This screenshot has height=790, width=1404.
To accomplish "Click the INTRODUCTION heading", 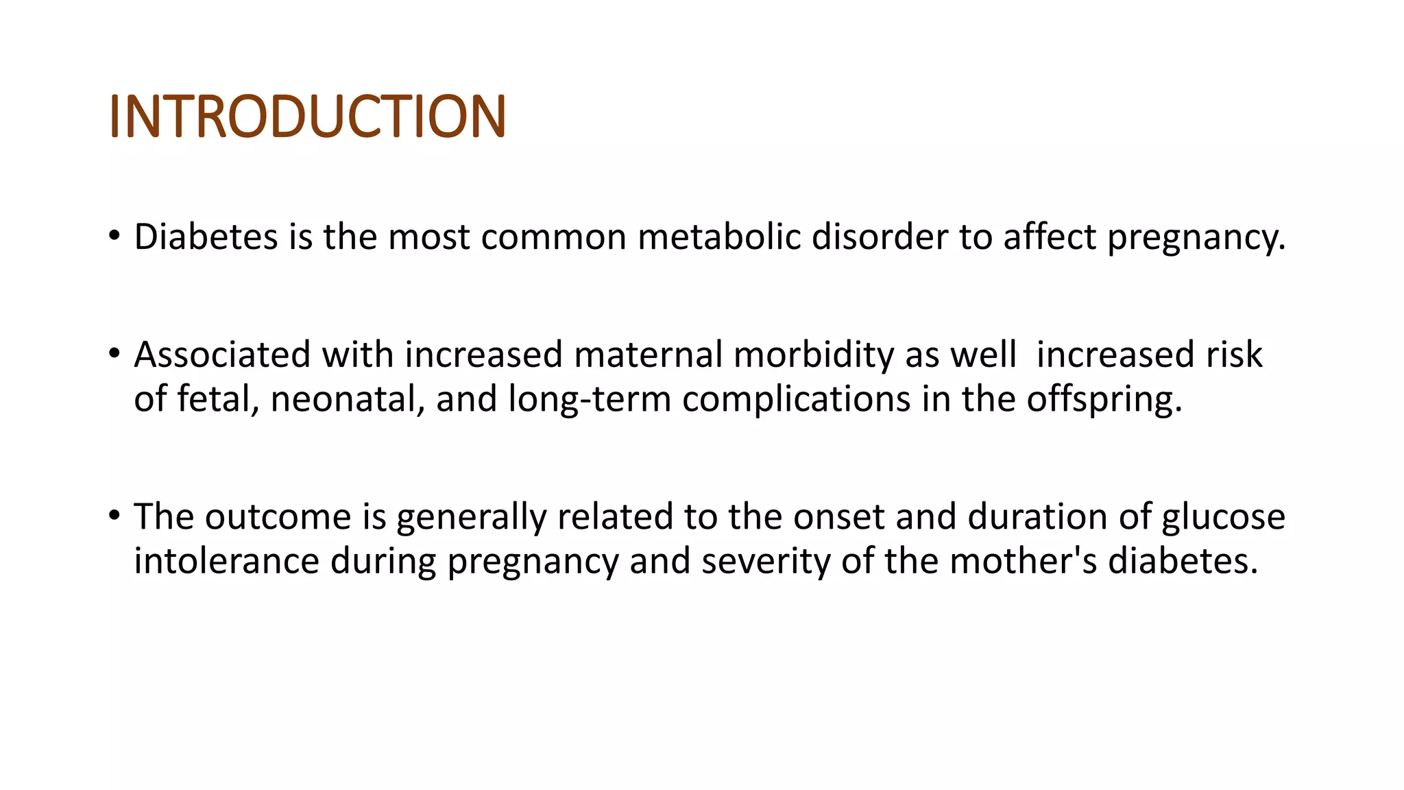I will tap(307, 117).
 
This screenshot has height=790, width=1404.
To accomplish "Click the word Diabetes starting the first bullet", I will tap(206, 237).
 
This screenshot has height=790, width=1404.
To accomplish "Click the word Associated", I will tap(222, 355).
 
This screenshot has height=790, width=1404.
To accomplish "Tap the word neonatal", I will tap(348, 399).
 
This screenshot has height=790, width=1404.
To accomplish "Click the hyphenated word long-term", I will tap(589, 399).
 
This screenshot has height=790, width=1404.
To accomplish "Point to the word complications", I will tap(796, 399).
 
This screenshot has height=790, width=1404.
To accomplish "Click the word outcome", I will tap(278, 517).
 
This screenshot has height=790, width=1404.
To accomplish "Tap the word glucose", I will tap(1223, 517).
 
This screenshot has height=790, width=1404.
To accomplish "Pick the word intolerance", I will tap(226, 561).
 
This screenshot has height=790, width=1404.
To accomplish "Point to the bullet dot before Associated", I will tap(114, 354).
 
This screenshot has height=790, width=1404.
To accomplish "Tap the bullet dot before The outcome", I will tap(114, 516).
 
